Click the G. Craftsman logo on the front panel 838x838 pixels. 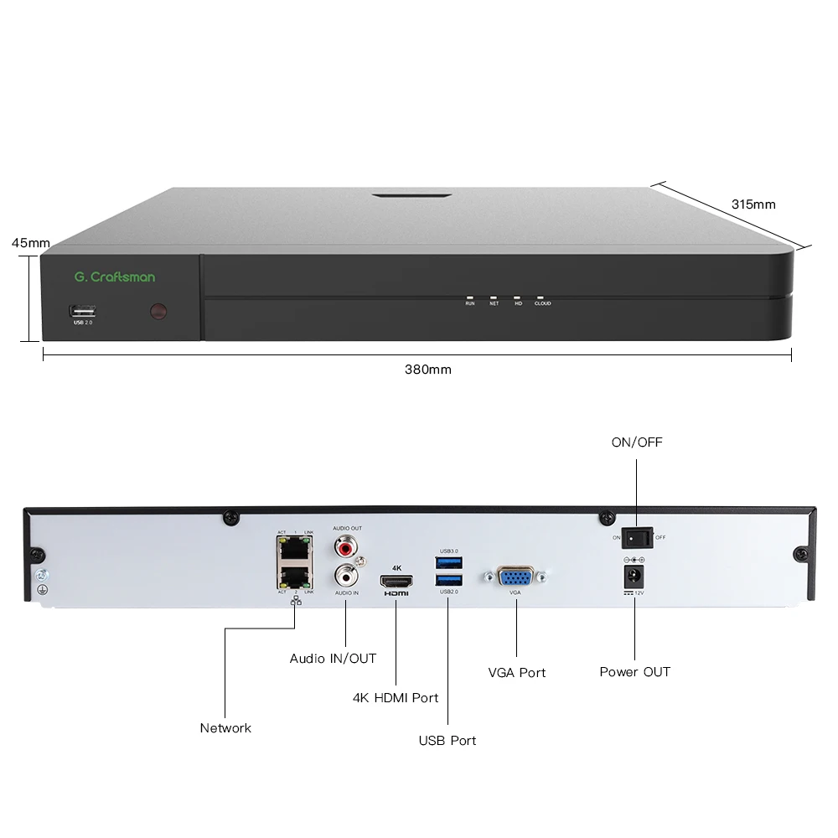(114, 277)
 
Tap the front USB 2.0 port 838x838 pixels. (82, 310)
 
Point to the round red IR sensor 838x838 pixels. (158, 313)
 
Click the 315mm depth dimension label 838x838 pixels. (753, 204)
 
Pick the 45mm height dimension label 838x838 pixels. (30, 243)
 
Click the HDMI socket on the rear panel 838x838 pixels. (396, 580)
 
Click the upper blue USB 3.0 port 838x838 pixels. (448, 562)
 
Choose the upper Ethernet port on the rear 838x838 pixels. (292, 551)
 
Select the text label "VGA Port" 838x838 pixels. (516, 672)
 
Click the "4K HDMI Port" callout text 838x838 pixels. (396, 697)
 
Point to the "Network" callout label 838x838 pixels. (225, 728)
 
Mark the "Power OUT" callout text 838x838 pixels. (634, 672)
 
